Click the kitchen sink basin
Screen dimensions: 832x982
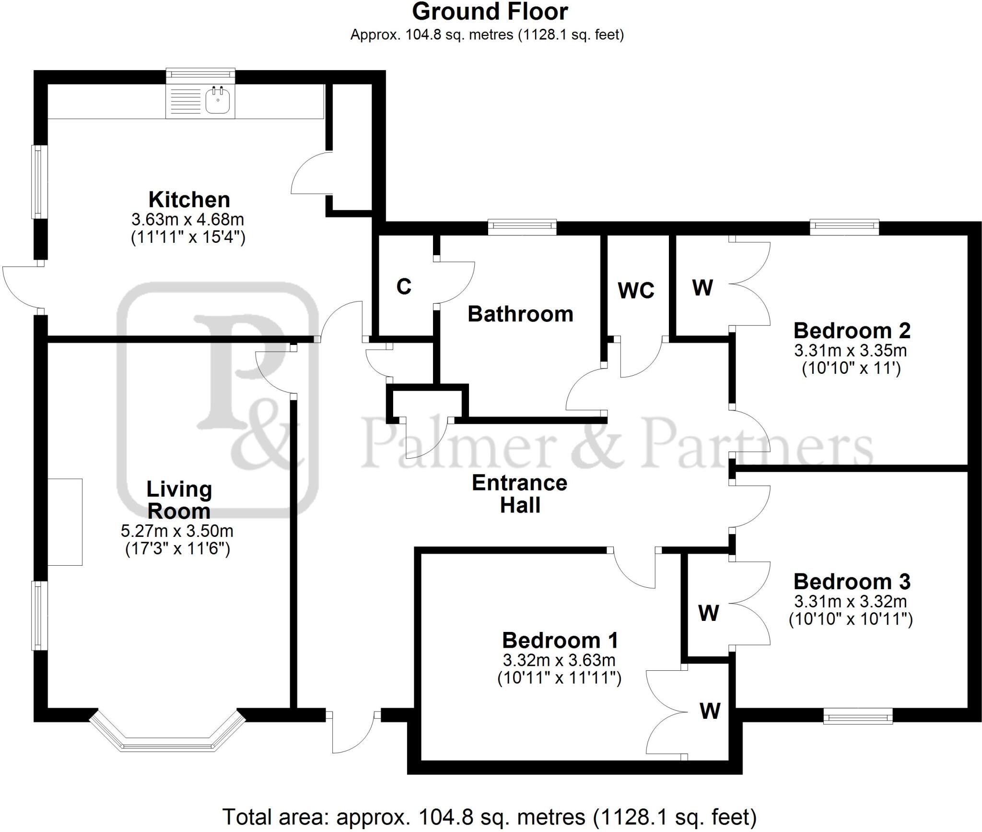(x=218, y=102)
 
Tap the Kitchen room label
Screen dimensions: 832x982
(x=189, y=200)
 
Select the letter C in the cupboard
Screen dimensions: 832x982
(x=404, y=286)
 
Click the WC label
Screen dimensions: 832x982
(x=636, y=290)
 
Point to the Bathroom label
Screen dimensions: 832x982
(x=520, y=314)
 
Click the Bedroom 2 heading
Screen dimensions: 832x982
(x=852, y=331)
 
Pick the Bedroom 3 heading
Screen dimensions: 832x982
(x=852, y=582)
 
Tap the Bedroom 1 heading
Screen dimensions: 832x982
(x=560, y=641)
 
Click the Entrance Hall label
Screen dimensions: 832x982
(x=520, y=494)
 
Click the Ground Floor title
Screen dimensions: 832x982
(x=490, y=12)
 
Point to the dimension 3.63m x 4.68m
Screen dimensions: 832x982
(x=188, y=220)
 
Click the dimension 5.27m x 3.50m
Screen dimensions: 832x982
(x=177, y=531)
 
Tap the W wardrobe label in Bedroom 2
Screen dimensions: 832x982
(x=702, y=287)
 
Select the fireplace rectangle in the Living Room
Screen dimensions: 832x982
(x=65, y=522)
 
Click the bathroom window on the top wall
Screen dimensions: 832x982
(x=522, y=226)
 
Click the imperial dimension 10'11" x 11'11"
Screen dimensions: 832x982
(x=559, y=678)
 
